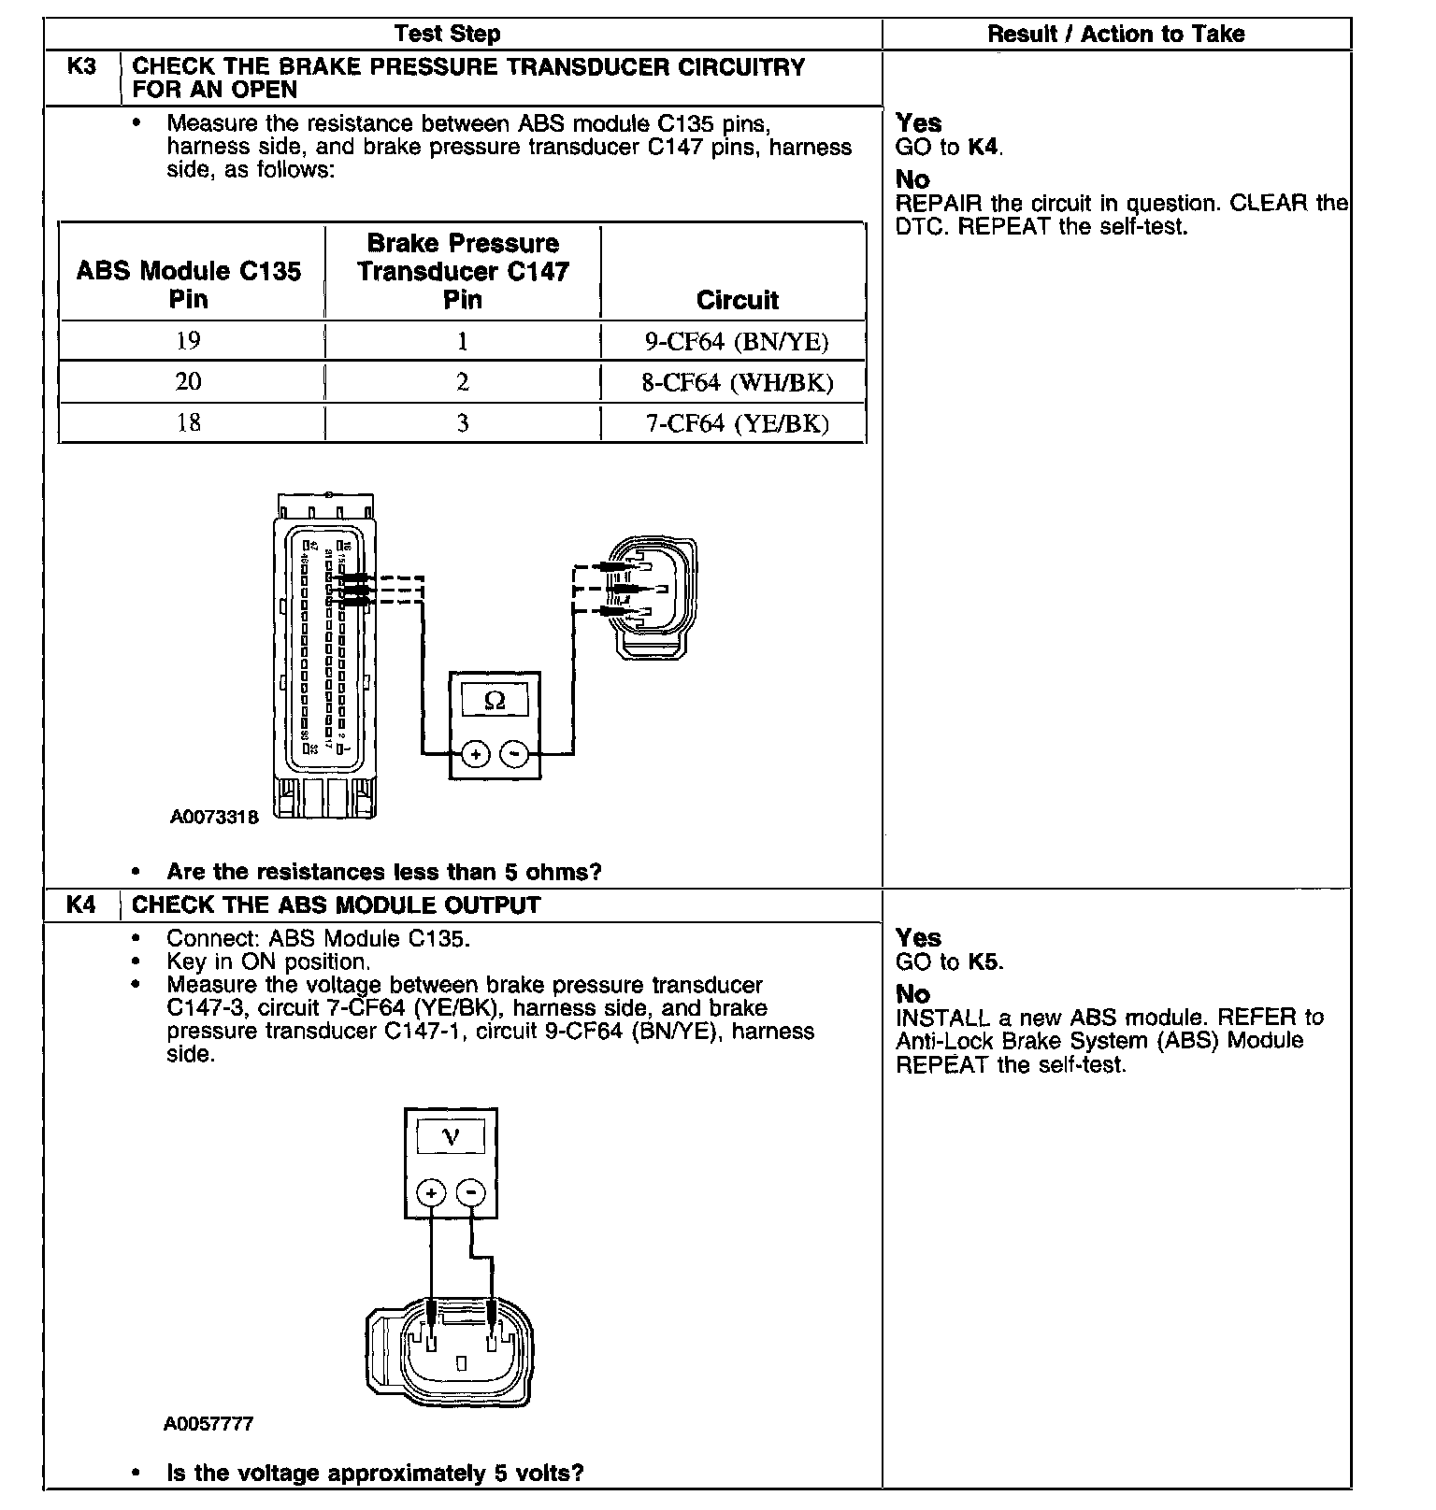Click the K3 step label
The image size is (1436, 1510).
pos(82,67)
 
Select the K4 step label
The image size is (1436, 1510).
pos(82,905)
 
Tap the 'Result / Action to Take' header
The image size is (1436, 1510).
pos(1115,35)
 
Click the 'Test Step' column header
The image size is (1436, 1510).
pos(447,35)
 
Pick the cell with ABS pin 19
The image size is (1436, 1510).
pos(189,341)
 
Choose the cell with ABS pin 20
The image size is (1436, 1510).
pos(189,382)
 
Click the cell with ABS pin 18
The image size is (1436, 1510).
pos(189,423)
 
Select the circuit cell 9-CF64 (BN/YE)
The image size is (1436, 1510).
pos(737,342)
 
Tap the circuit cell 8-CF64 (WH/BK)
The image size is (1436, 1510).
pos(737,383)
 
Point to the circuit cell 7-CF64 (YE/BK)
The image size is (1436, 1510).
pos(737,424)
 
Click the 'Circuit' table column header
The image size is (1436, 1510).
pos(737,300)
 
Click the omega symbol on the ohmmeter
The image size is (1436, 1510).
pos(495,700)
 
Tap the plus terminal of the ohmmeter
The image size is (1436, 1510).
pos(475,753)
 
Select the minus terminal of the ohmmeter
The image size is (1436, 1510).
pos(514,753)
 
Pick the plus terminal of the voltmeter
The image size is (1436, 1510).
pos(431,1192)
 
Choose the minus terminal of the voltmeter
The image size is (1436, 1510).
pos(471,1192)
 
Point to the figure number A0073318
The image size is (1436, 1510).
pos(213,817)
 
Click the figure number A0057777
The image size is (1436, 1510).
pos(208,1424)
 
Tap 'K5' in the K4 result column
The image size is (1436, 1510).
pos(984,962)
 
